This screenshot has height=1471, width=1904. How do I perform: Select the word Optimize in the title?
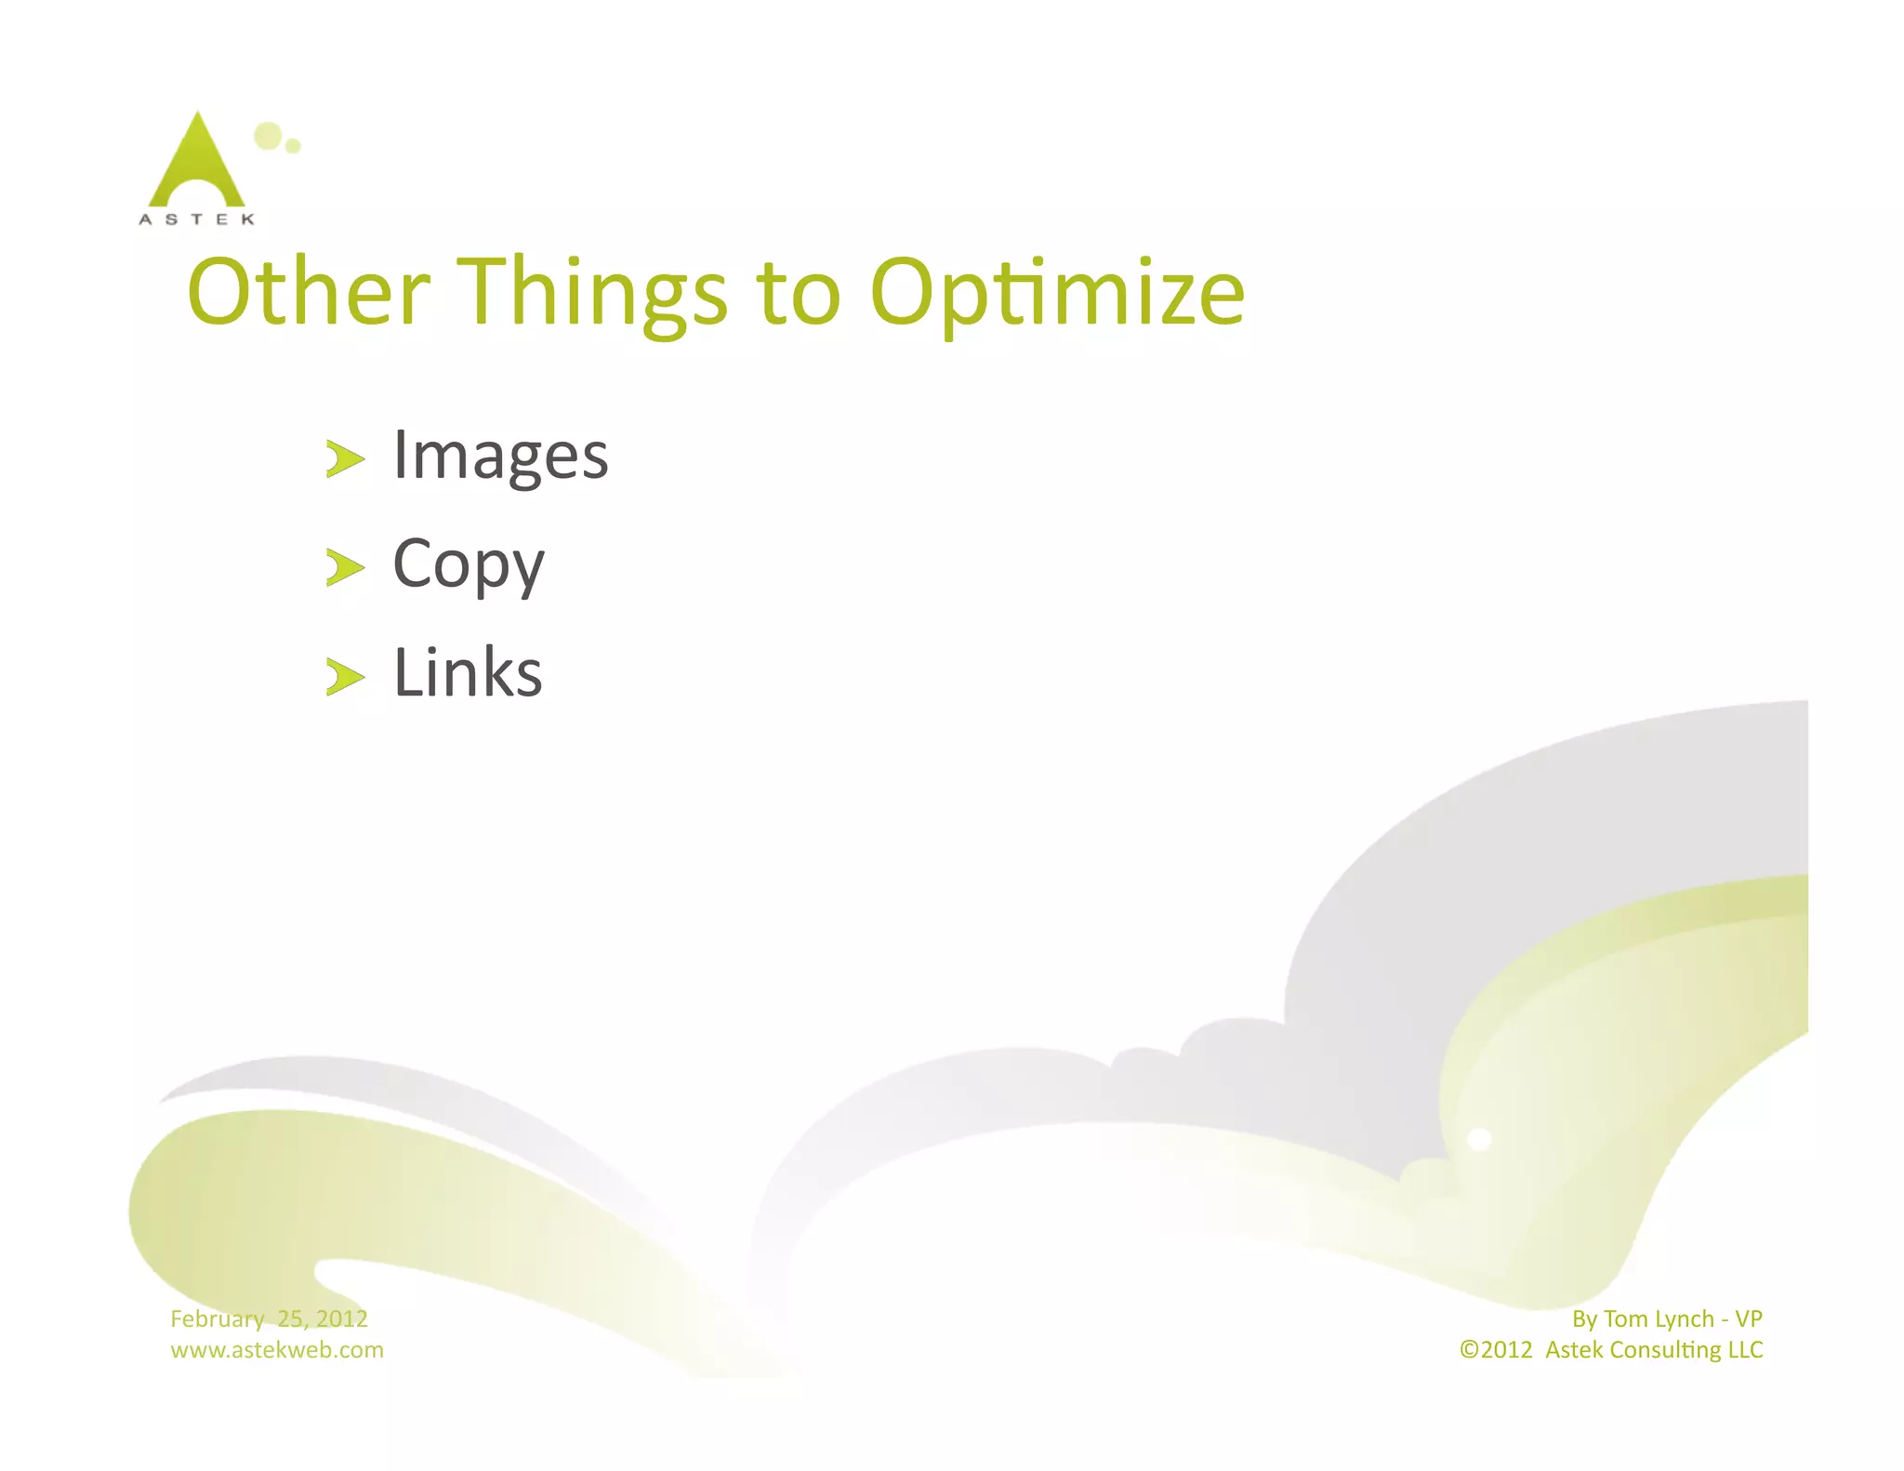point(1057,293)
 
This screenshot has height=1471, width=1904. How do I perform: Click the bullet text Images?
point(500,457)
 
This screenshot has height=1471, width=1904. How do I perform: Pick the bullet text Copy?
point(468,564)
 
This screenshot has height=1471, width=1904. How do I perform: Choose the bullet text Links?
point(468,672)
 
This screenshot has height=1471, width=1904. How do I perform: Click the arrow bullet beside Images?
point(345,459)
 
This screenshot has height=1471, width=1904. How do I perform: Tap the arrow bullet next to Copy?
point(345,567)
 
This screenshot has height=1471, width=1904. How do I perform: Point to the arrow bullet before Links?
point(345,676)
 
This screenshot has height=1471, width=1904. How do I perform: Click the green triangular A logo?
point(197,163)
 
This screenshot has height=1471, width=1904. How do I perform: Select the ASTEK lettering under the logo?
point(196,219)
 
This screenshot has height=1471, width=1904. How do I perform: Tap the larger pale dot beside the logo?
point(268,136)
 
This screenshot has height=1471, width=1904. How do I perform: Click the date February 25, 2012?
point(269,1319)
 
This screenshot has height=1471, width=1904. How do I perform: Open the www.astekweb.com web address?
point(276,1349)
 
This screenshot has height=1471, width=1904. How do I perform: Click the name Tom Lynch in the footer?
point(1659,1319)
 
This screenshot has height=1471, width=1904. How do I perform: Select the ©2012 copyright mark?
point(1495,1349)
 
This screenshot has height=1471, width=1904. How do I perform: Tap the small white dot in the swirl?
point(1479,1139)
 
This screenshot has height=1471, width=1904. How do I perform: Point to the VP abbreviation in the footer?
point(1748,1319)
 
